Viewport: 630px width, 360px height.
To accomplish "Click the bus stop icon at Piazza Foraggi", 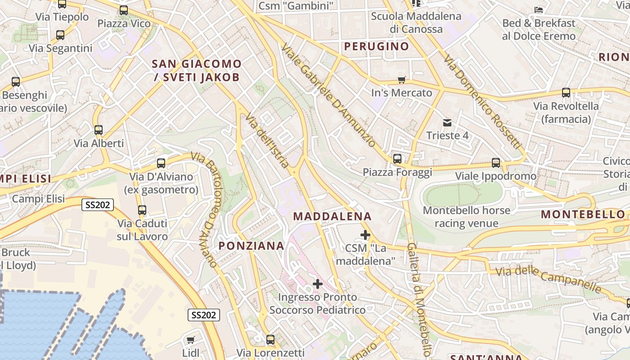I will (x=397, y=159).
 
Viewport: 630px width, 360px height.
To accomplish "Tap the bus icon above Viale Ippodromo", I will (x=496, y=163).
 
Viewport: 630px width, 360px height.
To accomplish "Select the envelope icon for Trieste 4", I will (x=447, y=122).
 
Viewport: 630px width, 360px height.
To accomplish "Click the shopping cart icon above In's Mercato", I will (x=401, y=80).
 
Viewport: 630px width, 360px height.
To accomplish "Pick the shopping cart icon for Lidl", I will (x=190, y=340).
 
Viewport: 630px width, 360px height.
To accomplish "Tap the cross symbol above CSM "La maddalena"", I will (x=365, y=235).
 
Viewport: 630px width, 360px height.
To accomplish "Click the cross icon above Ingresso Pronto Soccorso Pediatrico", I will (x=318, y=284).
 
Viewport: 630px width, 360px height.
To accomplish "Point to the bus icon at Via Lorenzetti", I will (x=270, y=340).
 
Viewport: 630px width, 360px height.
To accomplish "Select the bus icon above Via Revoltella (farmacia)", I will (x=566, y=93).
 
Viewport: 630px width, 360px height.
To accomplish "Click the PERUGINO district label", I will (x=377, y=46).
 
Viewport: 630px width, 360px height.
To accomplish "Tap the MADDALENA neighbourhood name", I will (x=333, y=216).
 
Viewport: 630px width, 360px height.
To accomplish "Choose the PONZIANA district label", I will (x=252, y=246).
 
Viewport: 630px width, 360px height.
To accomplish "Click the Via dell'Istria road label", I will (x=267, y=140).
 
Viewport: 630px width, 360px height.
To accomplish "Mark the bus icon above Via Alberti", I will (x=99, y=130).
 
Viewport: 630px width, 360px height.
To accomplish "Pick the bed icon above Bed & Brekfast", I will (x=539, y=10).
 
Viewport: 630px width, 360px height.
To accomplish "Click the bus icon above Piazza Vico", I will (x=124, y=10).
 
